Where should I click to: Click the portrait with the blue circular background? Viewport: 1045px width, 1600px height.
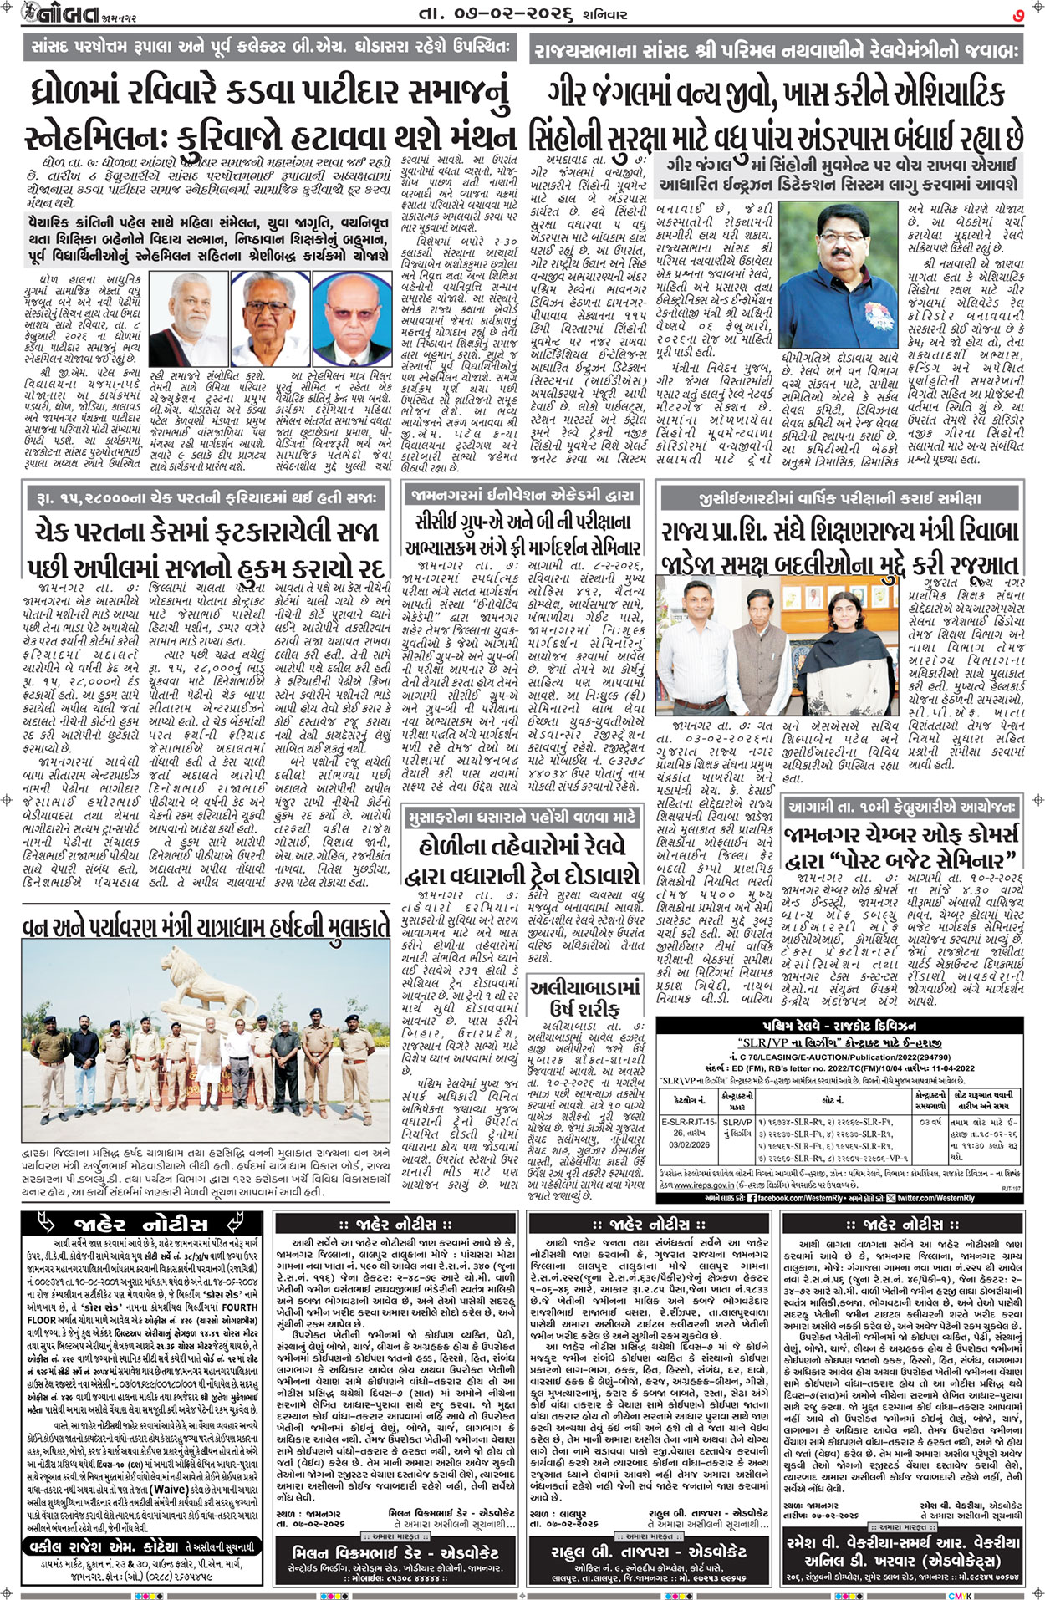point(352,306)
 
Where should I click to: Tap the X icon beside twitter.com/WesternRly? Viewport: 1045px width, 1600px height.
point(890,1198)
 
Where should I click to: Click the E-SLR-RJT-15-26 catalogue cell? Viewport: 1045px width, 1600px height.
point(689,1129)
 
